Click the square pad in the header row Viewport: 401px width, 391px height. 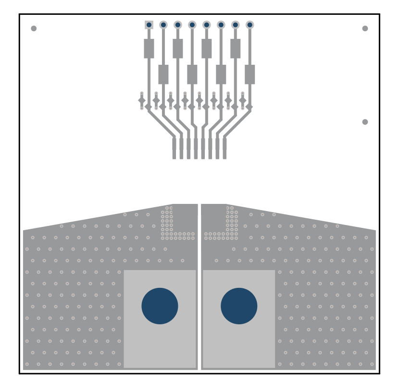coord(149,25)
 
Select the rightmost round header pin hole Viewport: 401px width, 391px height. coord(250,25)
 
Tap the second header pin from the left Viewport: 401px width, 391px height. coord(163,25)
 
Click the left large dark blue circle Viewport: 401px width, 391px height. coord(160,306)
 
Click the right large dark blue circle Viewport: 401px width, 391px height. coord(239,306)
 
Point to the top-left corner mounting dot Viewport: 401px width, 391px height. coord(34,28)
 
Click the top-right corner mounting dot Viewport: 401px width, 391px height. coord(365,28)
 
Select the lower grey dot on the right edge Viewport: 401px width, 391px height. coord(365,122)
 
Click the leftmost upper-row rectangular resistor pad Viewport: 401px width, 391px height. coord(149,48)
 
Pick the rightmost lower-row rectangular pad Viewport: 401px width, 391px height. coord(250,74)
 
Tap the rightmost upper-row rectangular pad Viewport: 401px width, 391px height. coord(235,48)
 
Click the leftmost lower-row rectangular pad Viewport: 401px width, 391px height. coord(163,74)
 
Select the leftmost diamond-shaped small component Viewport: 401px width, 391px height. coord(142,101)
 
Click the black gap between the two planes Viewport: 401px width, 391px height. coord(200,288)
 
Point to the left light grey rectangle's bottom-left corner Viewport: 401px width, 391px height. coord(125,367)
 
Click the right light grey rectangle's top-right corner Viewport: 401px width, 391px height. coord(275,271)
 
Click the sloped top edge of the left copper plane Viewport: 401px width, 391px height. coord(96,217)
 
